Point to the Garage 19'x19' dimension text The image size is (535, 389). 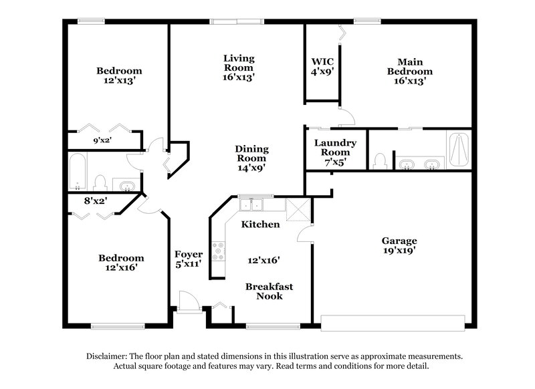pos(399,251)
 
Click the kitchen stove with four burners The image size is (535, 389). pos(219,251)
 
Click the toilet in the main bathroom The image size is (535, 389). pos(381,161)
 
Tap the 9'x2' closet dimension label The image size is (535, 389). pos(101,141)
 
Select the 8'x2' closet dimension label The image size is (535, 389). pos(96,200)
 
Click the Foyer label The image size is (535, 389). pos(189,254)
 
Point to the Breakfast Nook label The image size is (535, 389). pos(269,291)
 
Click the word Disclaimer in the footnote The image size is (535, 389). pos(108,356)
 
